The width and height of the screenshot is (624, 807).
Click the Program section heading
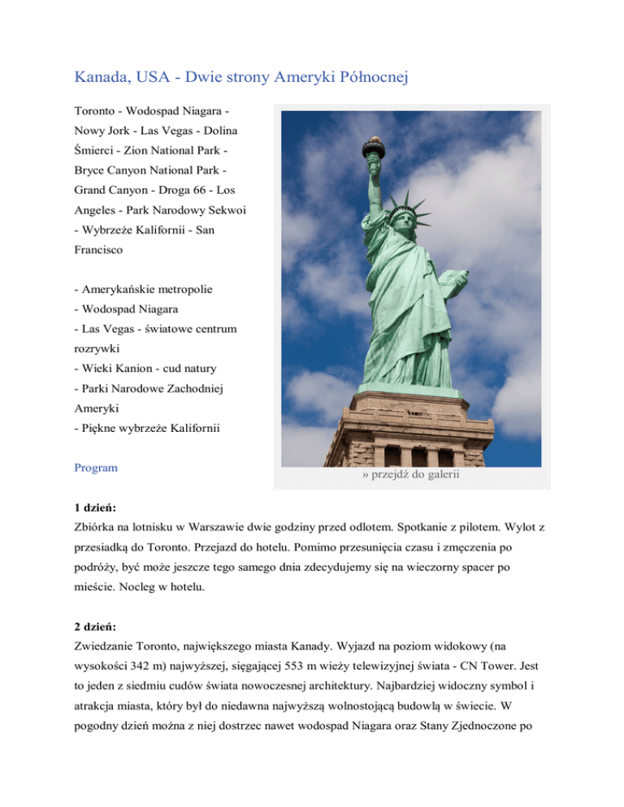96,468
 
